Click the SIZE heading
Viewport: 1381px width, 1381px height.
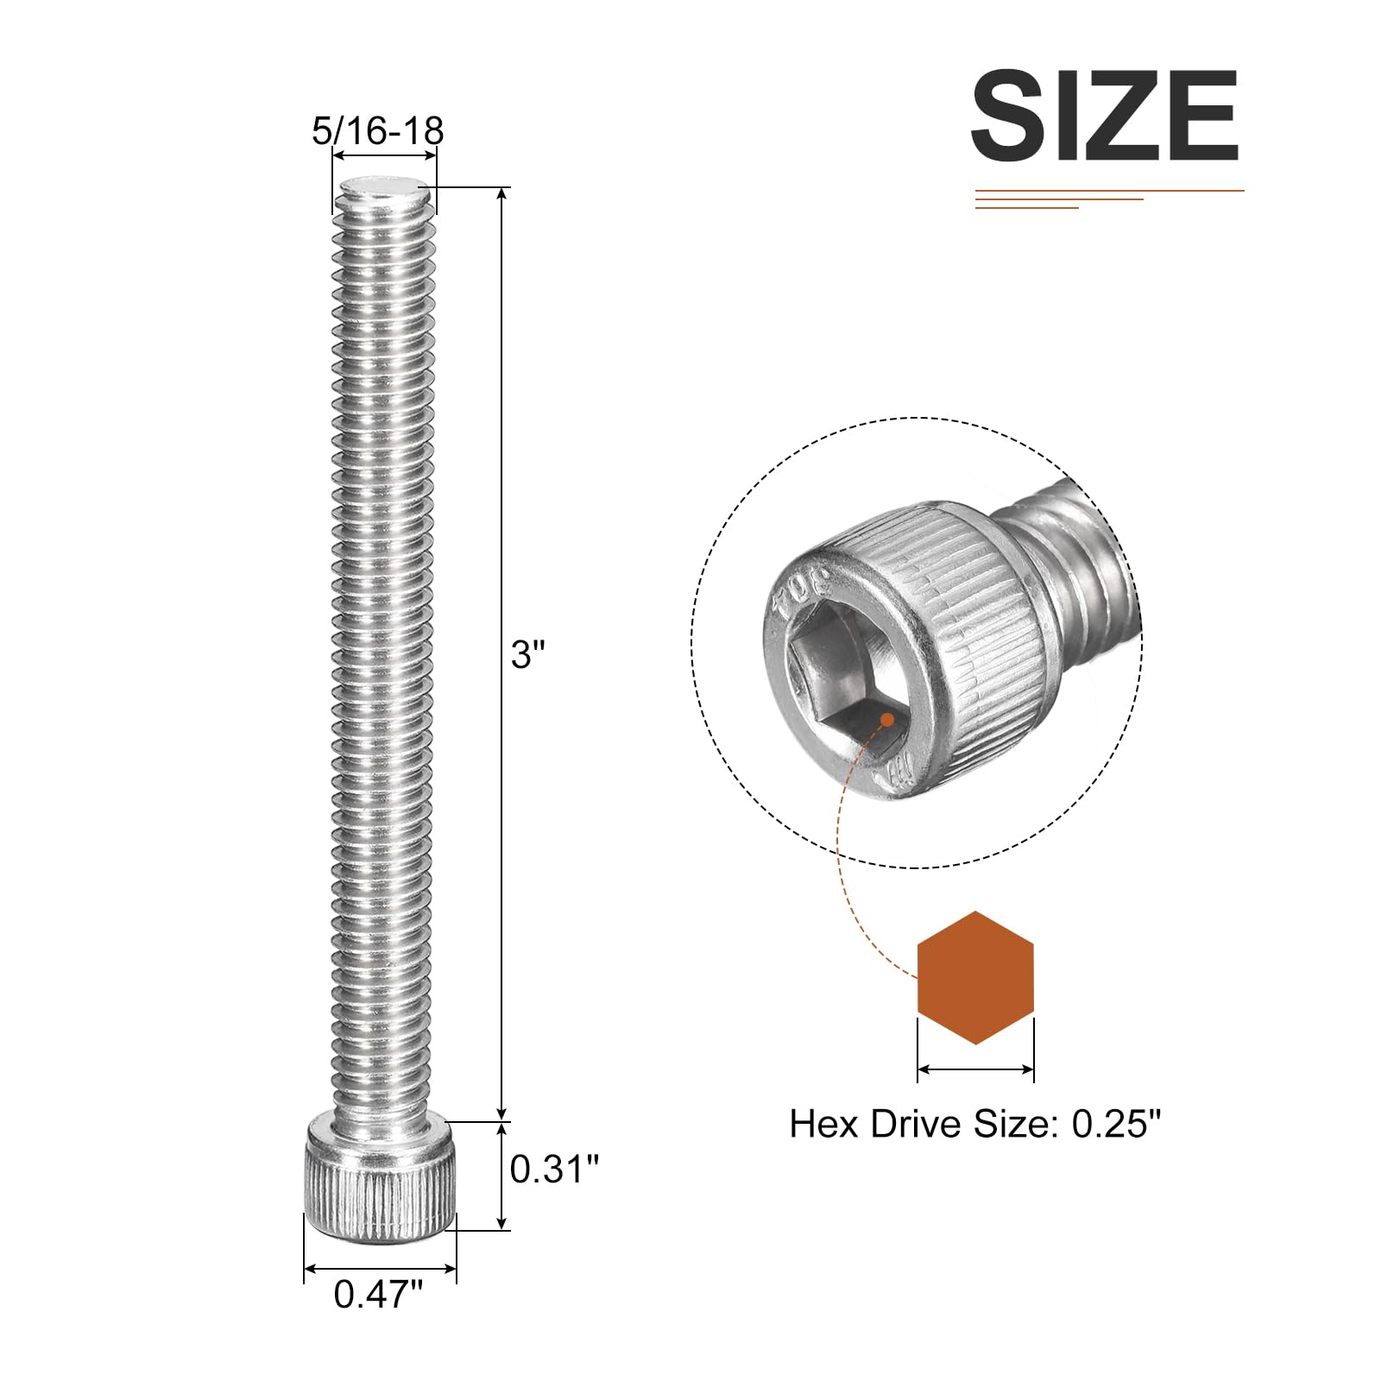point(1106,116)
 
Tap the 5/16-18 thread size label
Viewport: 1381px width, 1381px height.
point(377,131)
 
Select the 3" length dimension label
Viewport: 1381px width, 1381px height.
point(527,653)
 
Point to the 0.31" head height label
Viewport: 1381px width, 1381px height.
point(554,1169)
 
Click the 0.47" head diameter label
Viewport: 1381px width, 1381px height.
point(379,1294)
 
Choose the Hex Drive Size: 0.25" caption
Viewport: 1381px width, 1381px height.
point(975,1124)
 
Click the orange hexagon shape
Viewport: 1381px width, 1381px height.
point(975,978)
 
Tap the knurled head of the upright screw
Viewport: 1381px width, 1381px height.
point(380,1181)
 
